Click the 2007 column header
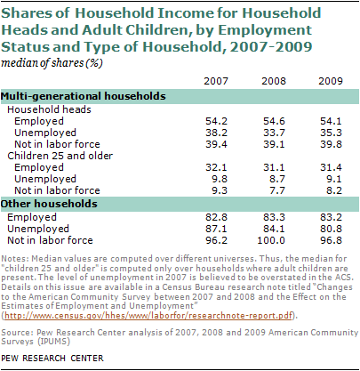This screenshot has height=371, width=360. point(216,81)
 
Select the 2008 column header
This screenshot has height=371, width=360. point(274,81)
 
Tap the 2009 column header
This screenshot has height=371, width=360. point(331,81)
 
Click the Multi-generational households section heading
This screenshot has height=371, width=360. point(84,96)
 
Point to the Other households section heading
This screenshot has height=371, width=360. point(49,204)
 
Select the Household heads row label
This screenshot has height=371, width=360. point(49,109)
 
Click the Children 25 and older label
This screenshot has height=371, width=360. point(60,156)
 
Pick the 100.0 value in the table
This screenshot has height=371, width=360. point(271,240)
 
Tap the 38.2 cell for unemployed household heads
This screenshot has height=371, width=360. point(216,133)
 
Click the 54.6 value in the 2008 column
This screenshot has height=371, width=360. point(274,121)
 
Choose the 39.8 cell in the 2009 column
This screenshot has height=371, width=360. point(331,144)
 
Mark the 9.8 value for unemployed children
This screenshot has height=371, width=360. point(220,179)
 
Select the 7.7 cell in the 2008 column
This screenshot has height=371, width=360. point(277,190)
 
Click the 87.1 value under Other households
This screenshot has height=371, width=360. point(216,229)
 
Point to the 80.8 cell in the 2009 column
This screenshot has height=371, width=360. point(331,229)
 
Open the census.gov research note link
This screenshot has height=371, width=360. point(148,316)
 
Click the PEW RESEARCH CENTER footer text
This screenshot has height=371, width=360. point(52,359)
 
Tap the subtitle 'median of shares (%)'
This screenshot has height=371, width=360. point(52,63)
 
